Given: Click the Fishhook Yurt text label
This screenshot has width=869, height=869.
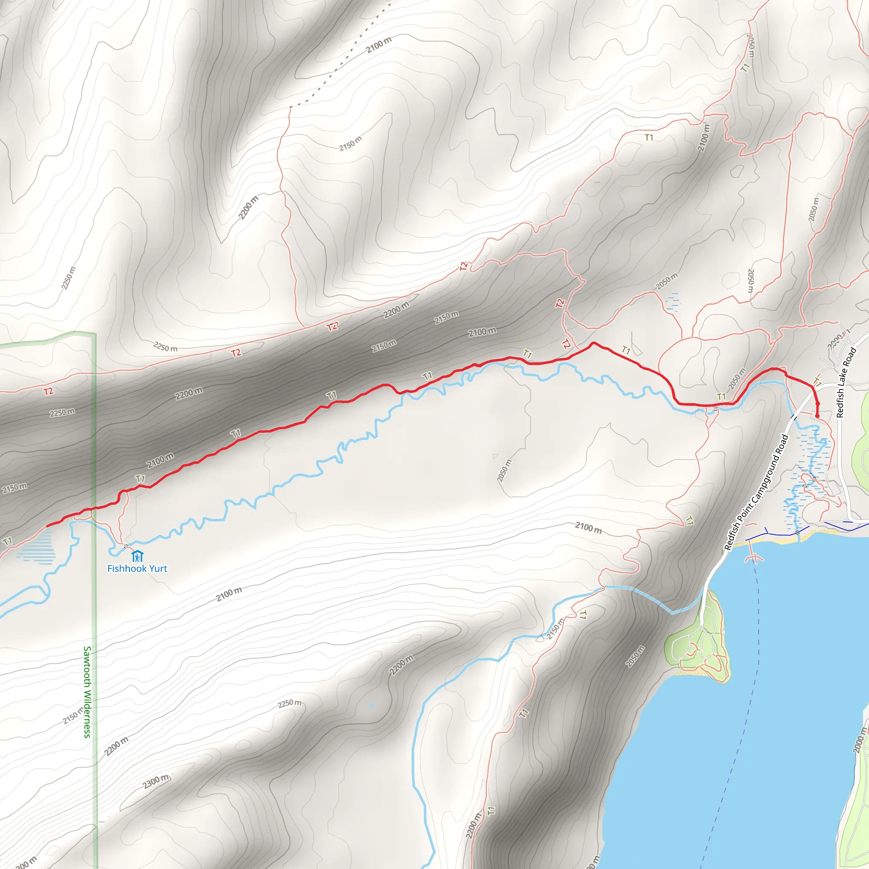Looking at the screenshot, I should click(x=137, y=569).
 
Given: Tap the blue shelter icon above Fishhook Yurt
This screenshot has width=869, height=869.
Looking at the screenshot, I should click(x=137, y=556).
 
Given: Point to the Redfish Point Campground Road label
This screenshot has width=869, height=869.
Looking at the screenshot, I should click(x=757, y=492).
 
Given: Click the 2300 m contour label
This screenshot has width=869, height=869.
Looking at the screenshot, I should click(x=156, y=782).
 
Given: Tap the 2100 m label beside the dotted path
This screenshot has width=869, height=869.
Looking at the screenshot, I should click(x=379, y=45).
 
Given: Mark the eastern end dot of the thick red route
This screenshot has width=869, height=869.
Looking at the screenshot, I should click(x=817, y=416).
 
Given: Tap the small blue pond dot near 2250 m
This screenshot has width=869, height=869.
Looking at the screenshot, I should click(x=372, y=705).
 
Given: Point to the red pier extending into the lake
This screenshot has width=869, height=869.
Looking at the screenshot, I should click(x=754, y=558).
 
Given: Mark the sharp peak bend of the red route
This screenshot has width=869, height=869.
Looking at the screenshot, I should click(x=593, y=343).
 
